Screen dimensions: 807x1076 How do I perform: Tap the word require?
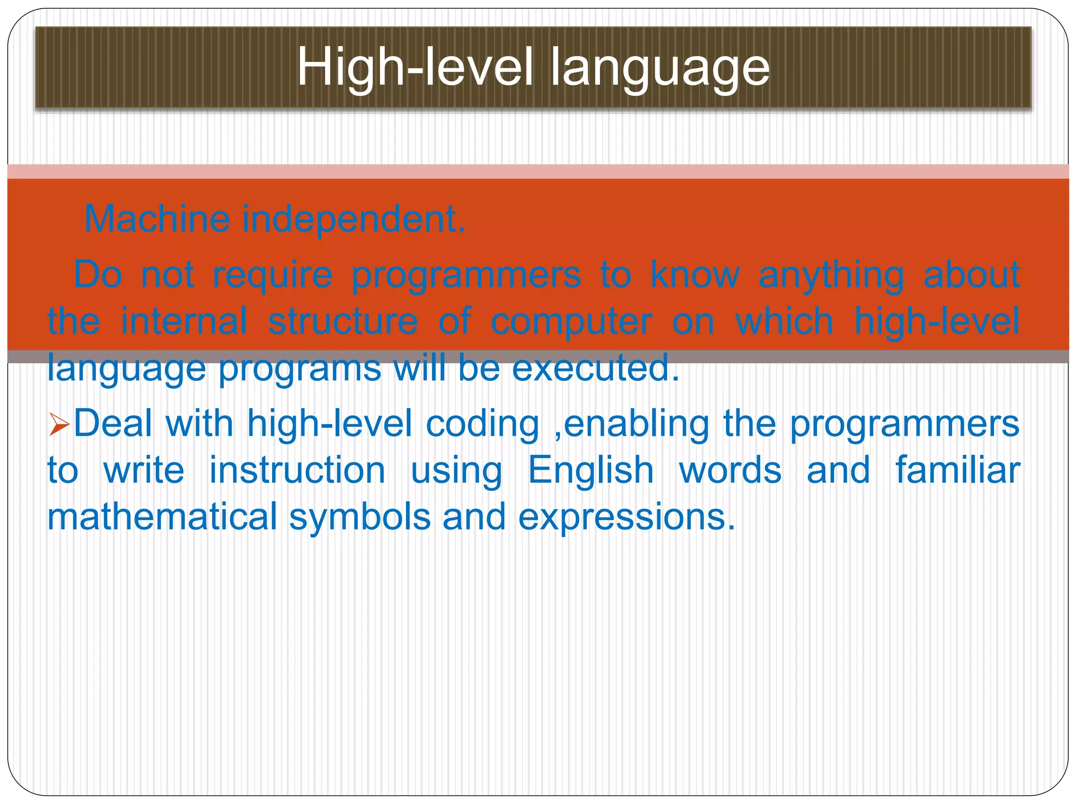[272, 275]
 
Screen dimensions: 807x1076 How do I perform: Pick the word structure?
[343, 322]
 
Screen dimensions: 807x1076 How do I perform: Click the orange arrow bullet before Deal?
[59, 425]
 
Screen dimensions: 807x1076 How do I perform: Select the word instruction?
[297, 470]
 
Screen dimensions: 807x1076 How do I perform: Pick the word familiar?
[957, 470]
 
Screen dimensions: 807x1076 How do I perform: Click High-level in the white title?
[415, 68]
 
